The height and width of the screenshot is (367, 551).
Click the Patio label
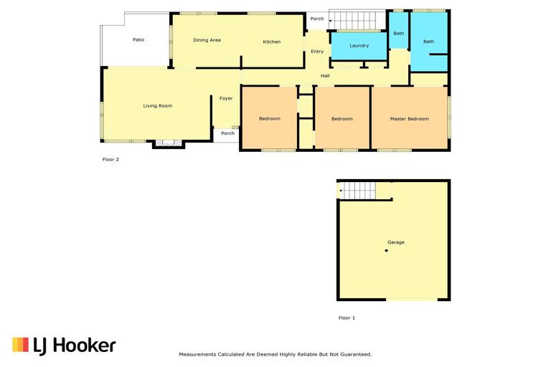138,40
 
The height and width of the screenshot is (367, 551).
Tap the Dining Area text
207,40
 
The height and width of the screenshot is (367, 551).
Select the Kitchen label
272,42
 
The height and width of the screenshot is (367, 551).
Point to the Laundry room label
359,46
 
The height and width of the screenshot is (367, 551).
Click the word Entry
317,52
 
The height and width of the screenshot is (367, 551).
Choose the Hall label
325,75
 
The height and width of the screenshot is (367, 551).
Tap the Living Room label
157,106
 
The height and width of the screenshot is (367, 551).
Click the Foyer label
226,98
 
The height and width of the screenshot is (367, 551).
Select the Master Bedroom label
409,118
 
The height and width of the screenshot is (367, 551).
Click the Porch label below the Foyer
227,133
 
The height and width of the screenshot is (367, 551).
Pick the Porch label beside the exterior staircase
317,19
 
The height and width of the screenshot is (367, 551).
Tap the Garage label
396,242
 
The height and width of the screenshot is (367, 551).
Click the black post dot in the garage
386,250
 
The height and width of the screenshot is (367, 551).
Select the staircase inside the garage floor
357,191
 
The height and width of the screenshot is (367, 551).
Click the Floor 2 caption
110,160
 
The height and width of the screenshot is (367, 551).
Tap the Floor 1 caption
347,318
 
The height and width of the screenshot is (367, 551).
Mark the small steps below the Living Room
168,143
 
